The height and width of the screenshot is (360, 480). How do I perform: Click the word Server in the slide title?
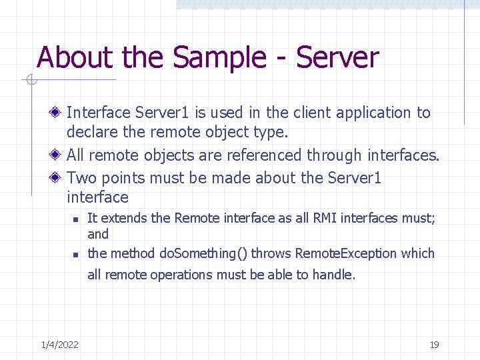tap(337, 57)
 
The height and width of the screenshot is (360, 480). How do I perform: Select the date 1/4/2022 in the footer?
tap(59, 345)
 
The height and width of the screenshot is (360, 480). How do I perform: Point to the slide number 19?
tap(434, 345)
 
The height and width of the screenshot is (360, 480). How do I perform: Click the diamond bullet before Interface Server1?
tap(59, 113)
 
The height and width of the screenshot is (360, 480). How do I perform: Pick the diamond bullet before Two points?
tap(59, 178)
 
